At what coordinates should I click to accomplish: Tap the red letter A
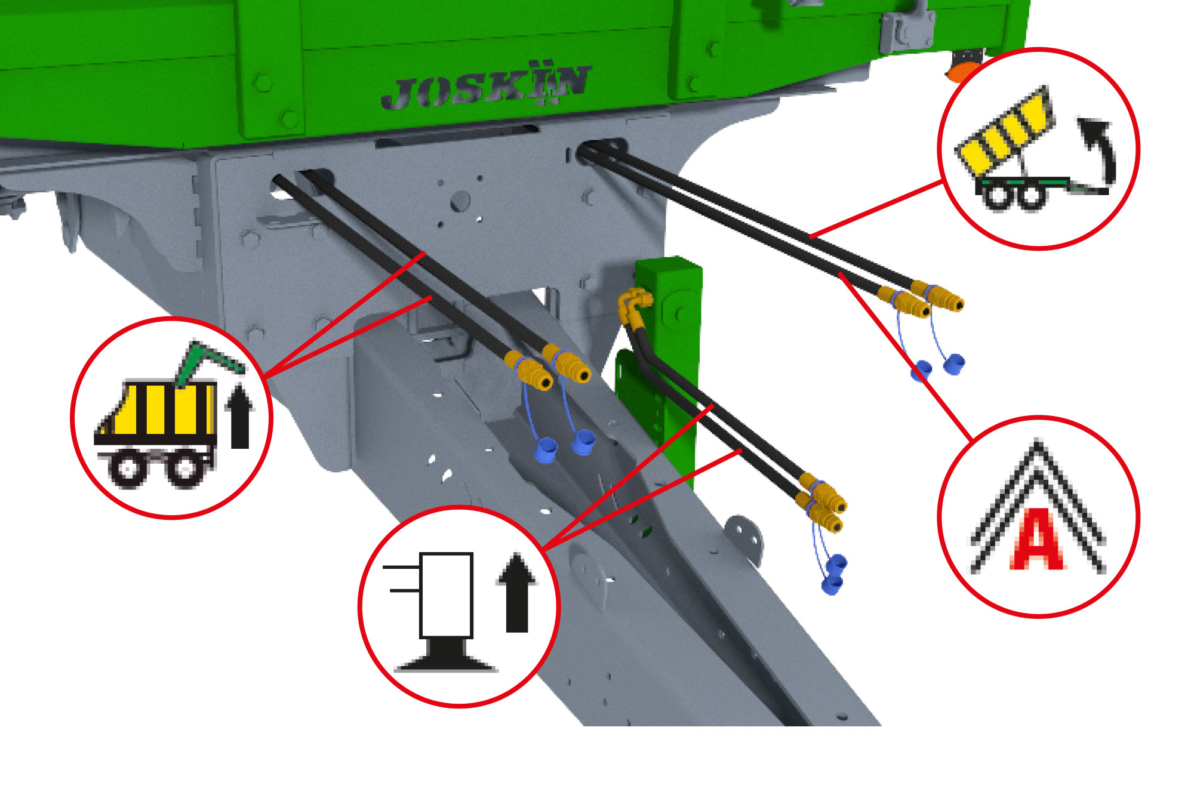pos(1036,541)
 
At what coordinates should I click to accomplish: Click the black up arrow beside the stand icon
pos(517,593)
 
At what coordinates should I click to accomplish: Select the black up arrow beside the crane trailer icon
pos(240,415)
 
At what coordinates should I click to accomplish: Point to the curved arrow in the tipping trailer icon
pos(1100,149)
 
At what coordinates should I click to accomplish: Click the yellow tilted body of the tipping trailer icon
pos(1005,133)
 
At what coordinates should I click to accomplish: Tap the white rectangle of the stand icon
pos(446,595)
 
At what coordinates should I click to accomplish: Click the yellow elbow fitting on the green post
pos(634,305)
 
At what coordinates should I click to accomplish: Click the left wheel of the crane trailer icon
pos(127,469)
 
